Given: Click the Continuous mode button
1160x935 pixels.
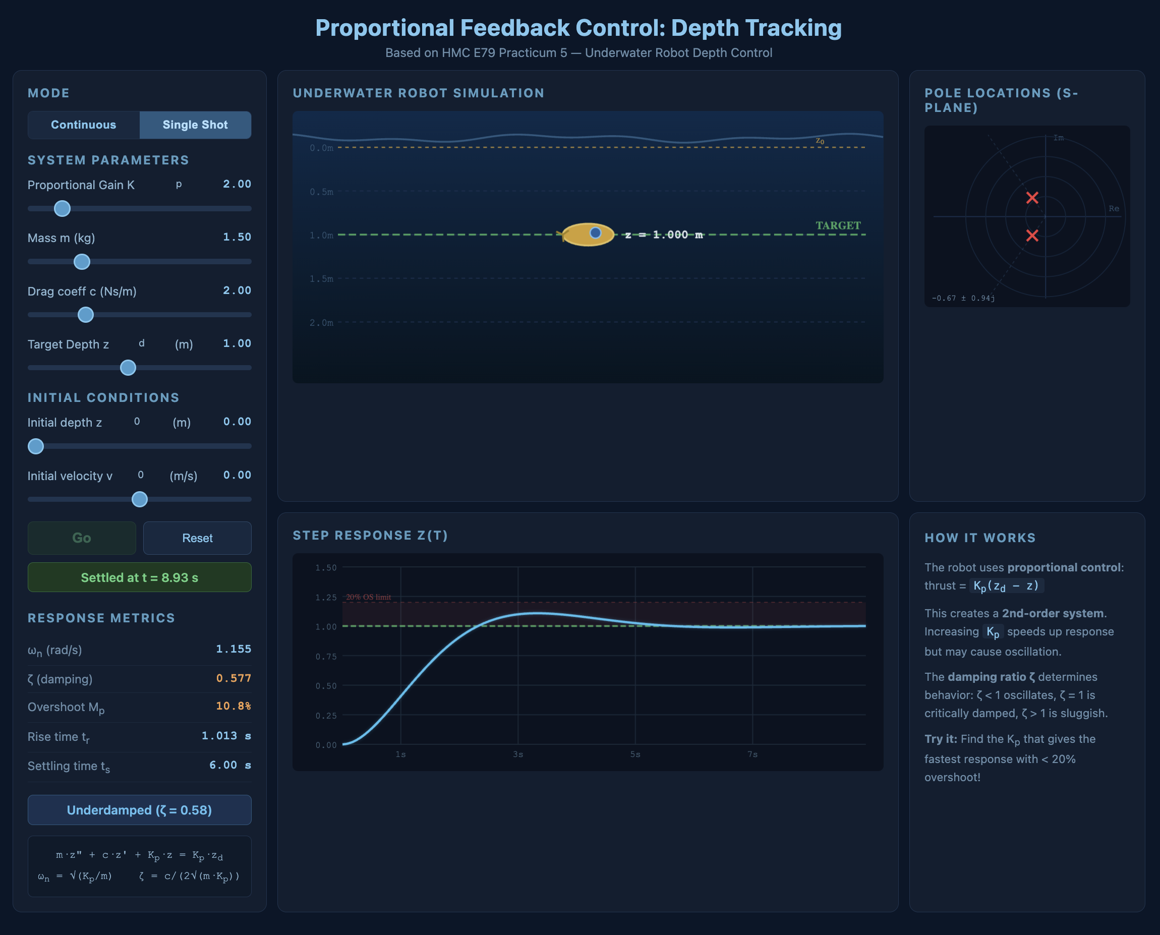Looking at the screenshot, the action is click(x=84, y=125).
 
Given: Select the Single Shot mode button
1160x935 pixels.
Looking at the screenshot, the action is click(x=195, y=125).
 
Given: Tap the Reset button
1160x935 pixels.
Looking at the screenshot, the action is click(x=197, y=538).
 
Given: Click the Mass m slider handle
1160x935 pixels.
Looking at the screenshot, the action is click(x=82, y=262).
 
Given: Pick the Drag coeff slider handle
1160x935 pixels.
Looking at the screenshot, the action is click(x=86, y=315).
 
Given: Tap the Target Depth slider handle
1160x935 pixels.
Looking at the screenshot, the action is click(x=128, y=368).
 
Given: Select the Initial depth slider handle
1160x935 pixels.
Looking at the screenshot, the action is click(x=35, y=446).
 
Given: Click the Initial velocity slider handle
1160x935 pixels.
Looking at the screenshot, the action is click(x=140, y=499).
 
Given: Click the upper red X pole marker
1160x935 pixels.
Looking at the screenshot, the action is click(x=1032, y=198).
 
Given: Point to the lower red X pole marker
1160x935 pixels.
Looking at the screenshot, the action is click(x=1032, y=236).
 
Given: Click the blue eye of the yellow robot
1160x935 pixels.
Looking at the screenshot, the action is click(x=595, y=232).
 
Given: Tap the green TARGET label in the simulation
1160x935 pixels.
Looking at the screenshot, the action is click(x=838, y=225).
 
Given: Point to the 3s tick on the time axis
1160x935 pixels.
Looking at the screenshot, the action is click(x=517, y=754).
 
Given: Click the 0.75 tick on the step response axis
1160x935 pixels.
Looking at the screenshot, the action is click(x=326, y=656).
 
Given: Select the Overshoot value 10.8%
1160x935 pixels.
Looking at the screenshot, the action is click(x=233, y=706).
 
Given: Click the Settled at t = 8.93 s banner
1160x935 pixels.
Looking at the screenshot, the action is click(x=140, y=577).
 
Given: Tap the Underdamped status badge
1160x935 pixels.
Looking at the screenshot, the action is click(x=140, y=810).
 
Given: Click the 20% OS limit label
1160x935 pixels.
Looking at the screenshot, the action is click(x=368, y=597).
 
